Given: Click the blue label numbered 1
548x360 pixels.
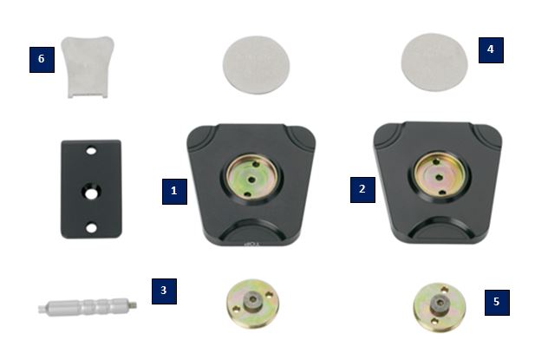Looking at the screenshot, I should click(174, 191).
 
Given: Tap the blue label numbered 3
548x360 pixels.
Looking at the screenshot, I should click(163, 290).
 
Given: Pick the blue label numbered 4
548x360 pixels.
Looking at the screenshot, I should click(490, 49).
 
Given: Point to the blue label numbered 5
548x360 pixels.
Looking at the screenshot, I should click(495, 302).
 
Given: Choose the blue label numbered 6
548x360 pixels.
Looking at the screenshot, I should click(41, 59).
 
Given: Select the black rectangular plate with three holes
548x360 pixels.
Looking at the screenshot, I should click(90, 188).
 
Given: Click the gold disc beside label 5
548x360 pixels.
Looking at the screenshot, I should click(437, 306).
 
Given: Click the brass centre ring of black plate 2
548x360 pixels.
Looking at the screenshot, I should click(439, 172).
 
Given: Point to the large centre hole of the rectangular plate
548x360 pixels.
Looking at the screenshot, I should click(90, 189).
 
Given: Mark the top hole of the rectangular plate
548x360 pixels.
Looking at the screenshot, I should click(89, 151).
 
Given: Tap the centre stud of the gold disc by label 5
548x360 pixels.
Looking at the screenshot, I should click(438, 305).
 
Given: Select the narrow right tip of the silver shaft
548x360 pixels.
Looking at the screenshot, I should click(138, 304).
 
